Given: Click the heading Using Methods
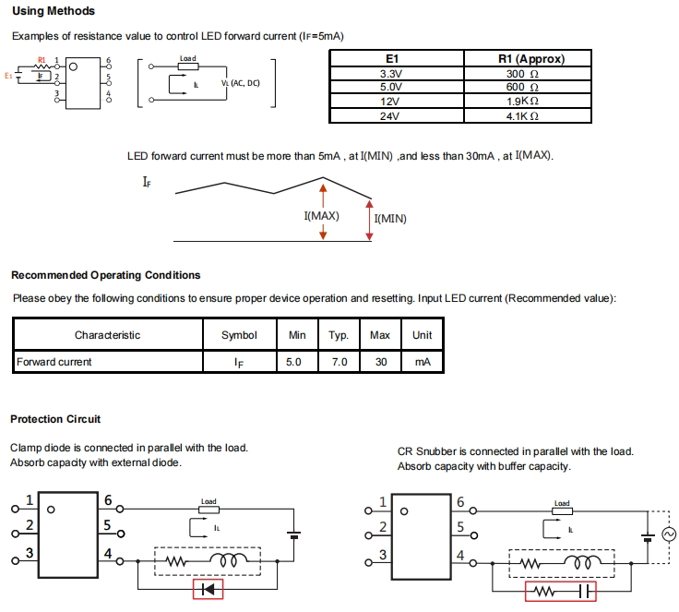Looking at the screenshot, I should coord(53,11).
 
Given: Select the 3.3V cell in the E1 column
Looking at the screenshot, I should coord(390,74).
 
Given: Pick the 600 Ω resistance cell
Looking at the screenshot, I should coord(516,88).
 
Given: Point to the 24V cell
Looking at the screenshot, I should coord(390,117).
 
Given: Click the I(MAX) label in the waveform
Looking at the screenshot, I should coord(321,216).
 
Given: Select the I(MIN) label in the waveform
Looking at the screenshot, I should coord(390,219).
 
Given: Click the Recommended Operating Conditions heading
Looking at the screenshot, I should coord(105,275).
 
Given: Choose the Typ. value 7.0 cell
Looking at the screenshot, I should coord(339,362).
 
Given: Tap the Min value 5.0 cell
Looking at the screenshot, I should coord(293,362).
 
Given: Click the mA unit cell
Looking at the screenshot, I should coord(423,362).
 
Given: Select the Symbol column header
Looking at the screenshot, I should coord(239,335).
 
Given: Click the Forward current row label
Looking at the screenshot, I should coord(54,362).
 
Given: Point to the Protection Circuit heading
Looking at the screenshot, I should coord(55,419).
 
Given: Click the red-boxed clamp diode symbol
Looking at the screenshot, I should coord(208,589).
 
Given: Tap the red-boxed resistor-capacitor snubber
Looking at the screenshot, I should coord(561,591).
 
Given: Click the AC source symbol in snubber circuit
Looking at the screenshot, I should coord(671,534).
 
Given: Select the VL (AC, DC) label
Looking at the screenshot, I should coord(241,83).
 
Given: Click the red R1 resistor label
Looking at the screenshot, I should coord(41,60).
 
